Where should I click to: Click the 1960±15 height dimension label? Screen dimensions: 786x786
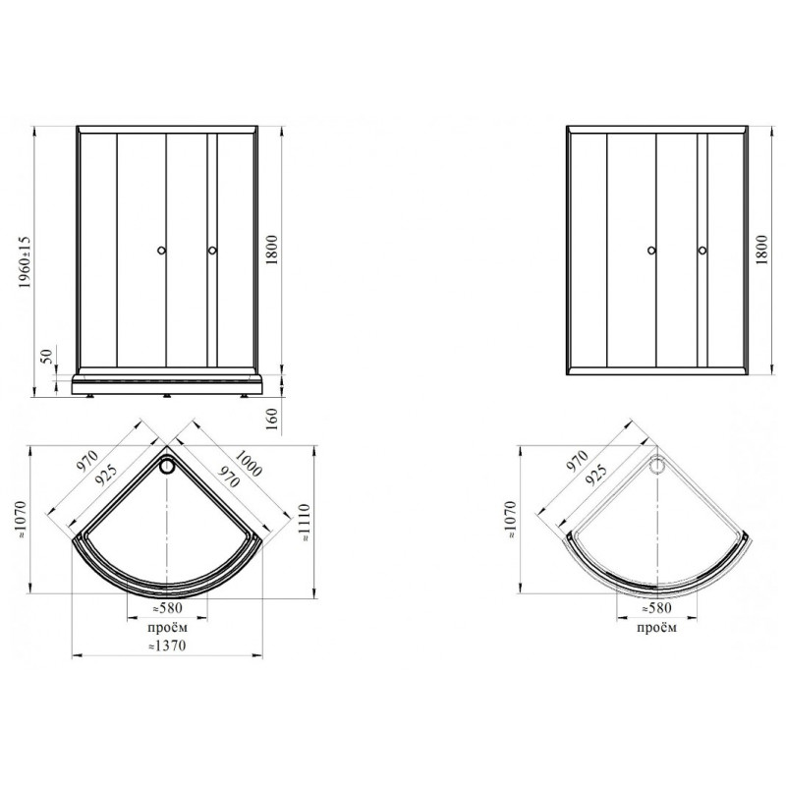click(26, 261)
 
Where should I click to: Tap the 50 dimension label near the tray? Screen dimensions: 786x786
click(46, 356)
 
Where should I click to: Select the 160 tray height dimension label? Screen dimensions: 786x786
click(271, 420)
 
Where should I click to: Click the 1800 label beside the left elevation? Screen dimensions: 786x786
click(271, 250)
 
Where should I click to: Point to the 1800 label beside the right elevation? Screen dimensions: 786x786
click(761, 250)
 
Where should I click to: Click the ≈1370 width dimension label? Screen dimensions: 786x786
click(167, 646)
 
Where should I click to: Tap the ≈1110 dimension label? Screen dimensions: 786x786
click(305, 524)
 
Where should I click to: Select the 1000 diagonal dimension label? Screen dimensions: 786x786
click(249, 463)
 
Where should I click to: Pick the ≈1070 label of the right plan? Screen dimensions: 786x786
click(511, 520)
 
